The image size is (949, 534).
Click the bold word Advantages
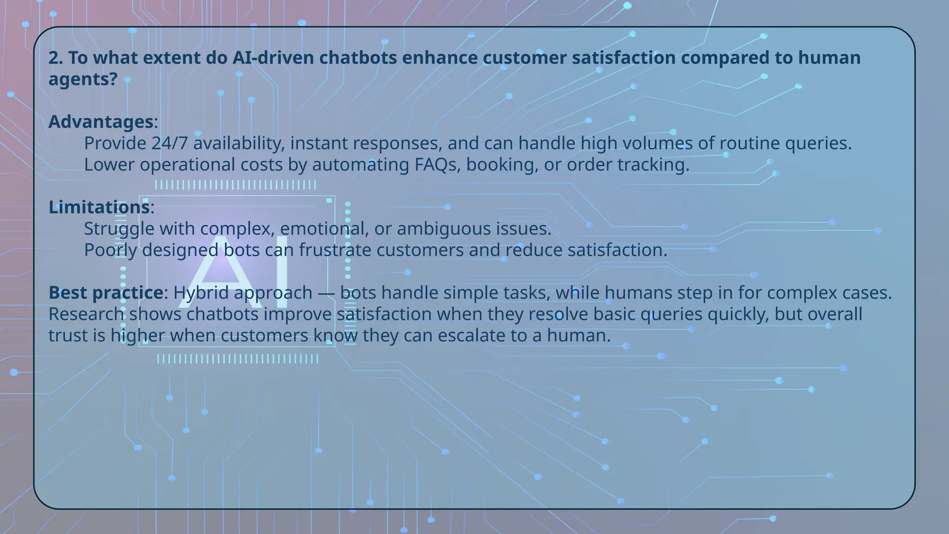[x=101, y=122]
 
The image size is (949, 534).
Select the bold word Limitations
[x=99, y=207]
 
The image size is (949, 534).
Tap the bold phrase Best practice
[x=106, y=293]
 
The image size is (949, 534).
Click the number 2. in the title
[x=56, y=58]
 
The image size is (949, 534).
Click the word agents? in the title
[x=83, y=79]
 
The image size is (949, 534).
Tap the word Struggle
[x=119, y=229]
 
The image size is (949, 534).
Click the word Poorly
[x=110, y=250]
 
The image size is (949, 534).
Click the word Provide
[x=115, y=143]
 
